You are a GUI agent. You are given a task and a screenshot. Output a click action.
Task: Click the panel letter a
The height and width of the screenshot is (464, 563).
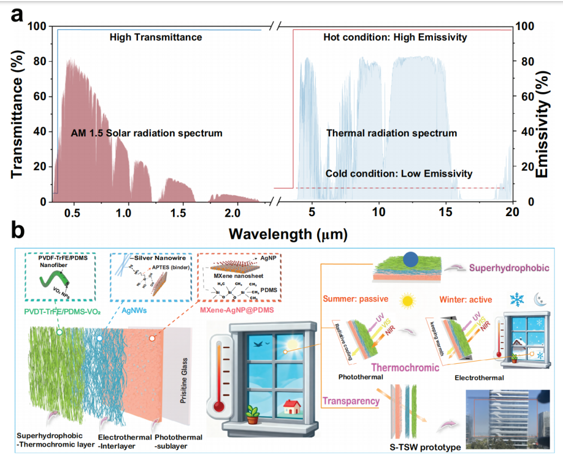(16, 15)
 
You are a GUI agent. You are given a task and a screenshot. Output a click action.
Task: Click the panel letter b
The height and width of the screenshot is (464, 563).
(18, 231)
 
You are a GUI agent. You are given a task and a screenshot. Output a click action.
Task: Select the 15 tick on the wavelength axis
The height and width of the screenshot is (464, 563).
(445, 213)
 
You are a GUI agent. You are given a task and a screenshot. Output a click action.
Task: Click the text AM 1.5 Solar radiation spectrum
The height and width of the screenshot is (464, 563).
(146, 134)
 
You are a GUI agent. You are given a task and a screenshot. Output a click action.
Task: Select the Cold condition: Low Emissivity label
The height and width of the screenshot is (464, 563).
(399, 174)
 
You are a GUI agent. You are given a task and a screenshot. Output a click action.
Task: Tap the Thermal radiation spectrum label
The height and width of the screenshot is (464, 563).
(392, 134)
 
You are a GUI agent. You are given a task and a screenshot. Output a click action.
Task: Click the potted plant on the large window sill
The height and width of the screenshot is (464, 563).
(253, 415)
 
